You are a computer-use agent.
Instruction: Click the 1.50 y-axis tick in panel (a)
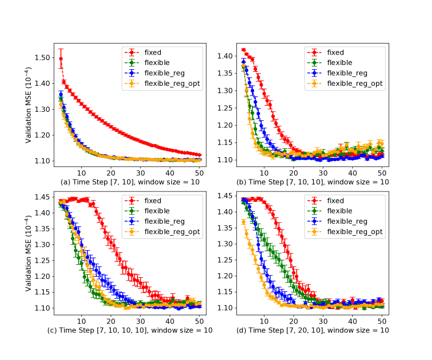(44, 57)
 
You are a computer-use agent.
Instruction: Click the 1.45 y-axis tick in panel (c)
(44, 197)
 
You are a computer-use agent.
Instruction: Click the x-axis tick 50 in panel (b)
(382, 172)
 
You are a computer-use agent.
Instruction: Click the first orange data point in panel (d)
(243, 222)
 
